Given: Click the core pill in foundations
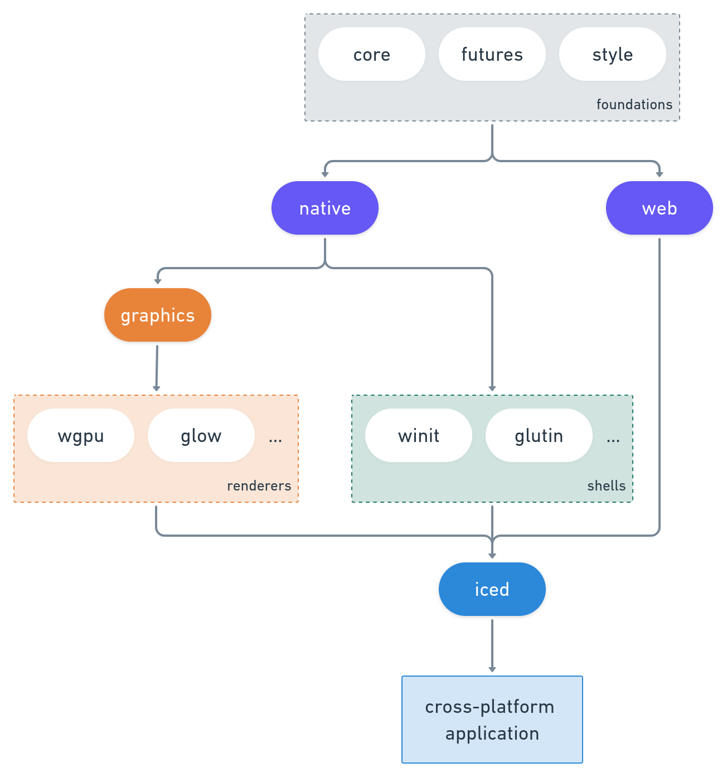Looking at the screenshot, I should [x=371, y=55].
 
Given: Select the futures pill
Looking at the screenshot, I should [x=492, y=55].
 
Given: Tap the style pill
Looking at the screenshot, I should [x=612, y=55].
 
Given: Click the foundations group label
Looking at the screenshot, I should [x=634, y=104].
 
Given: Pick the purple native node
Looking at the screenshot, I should [x=325, y=208].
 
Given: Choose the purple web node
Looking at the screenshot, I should [x=659, y=208].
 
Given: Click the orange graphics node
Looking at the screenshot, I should [x=158, y=315].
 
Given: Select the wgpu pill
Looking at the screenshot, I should [x=81, y=435].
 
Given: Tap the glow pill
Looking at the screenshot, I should [x=201, y=435].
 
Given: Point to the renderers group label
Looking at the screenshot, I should [x=259, y=485].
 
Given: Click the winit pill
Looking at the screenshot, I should [x=419, y=435].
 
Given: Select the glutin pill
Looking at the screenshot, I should [x=539, y=435].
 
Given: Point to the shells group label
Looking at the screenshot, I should [x=606, y=485].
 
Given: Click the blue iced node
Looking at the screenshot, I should [x=492, y=589].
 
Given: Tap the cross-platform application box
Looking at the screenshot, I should [x=492, y=719].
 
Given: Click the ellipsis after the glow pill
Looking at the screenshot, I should [x=275, y=439].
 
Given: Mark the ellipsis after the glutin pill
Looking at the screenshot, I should [x=613, y=439].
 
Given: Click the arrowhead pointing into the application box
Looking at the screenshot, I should [x=492, y=669].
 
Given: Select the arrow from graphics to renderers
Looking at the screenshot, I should [x=157, y=368].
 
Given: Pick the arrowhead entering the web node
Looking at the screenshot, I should [x=659, y=174].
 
